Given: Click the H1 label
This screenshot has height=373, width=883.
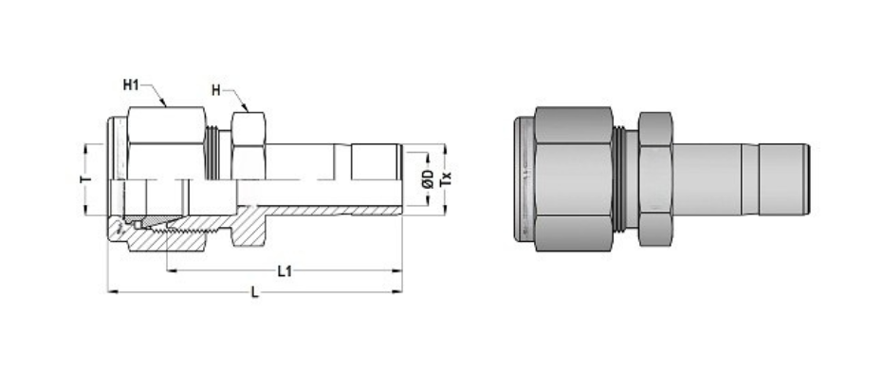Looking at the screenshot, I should [x=132, y=85].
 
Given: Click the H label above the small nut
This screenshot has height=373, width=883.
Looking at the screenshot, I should [x=216, y=91].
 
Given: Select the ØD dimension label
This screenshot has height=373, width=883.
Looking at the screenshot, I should [x=428, y=177].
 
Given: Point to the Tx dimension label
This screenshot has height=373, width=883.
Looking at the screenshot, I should [x=448, y=177].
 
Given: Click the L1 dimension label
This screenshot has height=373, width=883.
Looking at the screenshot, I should [x=283, y=271].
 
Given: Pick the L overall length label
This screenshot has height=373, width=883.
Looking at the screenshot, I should [x=254, y=293].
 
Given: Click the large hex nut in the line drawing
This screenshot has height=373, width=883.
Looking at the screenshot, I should [x=165, y=142].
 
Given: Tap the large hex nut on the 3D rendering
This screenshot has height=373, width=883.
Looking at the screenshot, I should [x=573, y=178].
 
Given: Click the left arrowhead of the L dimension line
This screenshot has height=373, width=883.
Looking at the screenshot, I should [x=112, y=291].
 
